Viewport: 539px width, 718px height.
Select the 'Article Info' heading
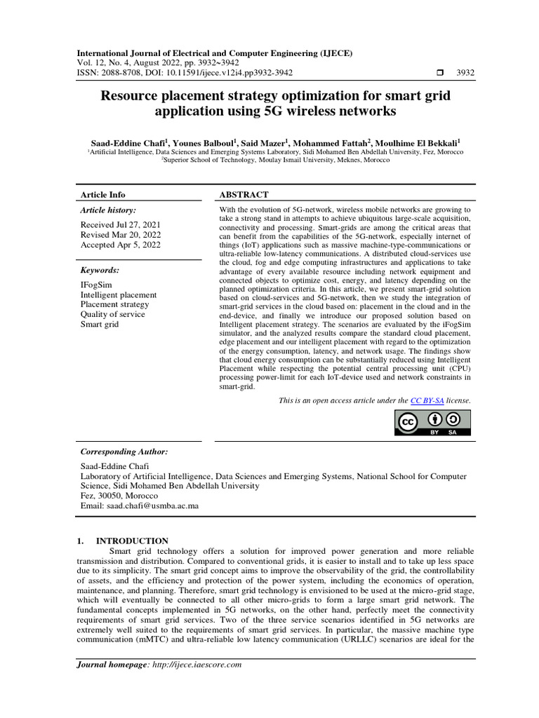[x=103, y=195]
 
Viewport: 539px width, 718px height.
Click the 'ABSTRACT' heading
[x=244, y=195]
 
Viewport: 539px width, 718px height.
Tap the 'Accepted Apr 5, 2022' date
[x=121, y=245]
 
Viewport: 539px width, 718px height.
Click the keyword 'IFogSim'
[x=96, y=285]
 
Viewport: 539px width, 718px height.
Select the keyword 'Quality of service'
[x=113, y=315]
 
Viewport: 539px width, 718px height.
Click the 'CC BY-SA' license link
[x=427, y=400]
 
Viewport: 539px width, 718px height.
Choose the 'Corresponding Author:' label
[x=125, y=452]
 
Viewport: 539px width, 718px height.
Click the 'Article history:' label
[x=108, y=210]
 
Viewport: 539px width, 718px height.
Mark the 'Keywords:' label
[x=100, y=270]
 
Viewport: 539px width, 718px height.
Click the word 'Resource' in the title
[x=131, y=95]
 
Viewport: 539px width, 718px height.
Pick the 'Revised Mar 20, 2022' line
[x=120, y=235]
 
